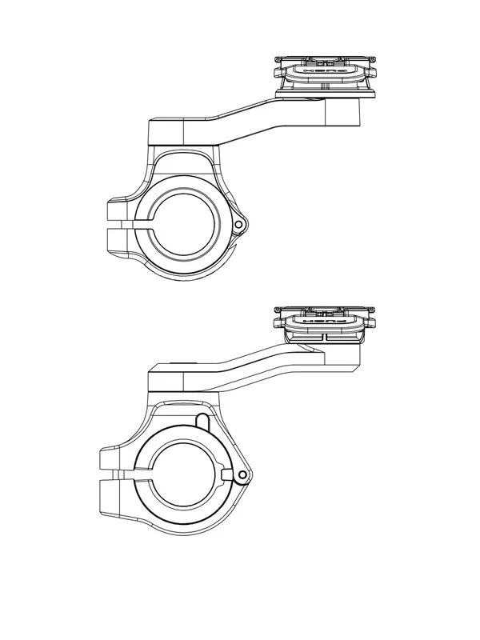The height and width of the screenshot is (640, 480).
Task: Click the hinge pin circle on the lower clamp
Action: coord(242,477)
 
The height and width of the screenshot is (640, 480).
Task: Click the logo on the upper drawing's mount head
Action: coord(325,70)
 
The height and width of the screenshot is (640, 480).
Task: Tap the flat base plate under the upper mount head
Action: coord(325,94)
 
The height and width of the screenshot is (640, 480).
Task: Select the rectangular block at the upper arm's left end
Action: coord(166,130)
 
